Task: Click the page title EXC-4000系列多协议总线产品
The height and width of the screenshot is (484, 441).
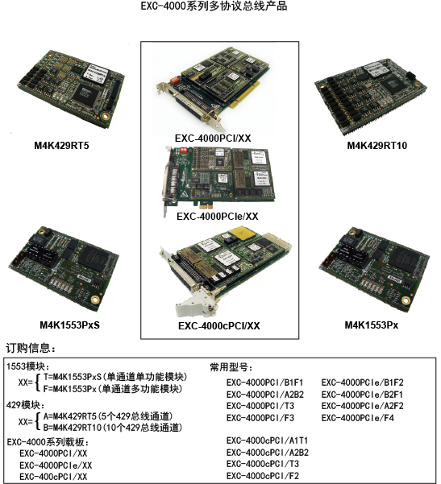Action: pyautogui.click(x=219, y=6)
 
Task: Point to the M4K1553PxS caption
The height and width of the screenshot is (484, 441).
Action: pyautogui.click(x=74, y=325)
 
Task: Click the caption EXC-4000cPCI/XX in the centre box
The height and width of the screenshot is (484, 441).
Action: pyautogui.click(x=218, y=326)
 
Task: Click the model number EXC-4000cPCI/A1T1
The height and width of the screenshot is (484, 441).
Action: pyautogui.click(x=267, y=441)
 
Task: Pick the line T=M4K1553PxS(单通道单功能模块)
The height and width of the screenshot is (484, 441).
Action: pyautogui.click(x=114, y=376)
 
